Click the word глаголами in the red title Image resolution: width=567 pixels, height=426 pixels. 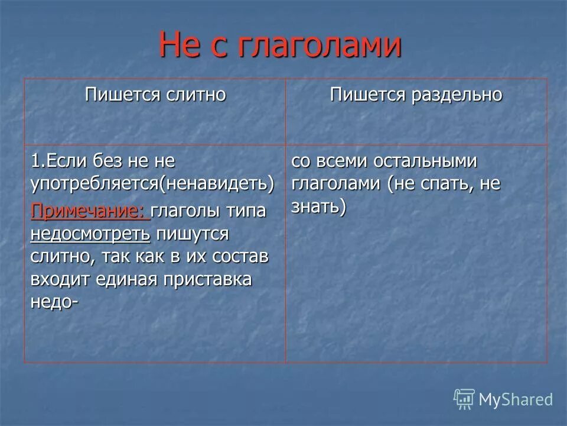(x=320, y=46)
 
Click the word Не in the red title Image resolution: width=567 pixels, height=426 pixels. (x=180, y=46)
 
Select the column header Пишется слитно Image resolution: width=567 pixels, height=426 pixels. (x=155, y=95)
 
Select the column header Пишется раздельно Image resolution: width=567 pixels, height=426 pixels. (x=416, y=95)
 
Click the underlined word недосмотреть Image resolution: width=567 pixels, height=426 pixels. (x=90, y=234)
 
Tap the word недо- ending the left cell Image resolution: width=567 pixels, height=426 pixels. (x=54, y=302)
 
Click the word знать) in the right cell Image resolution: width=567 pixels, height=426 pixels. (x=318, y=207)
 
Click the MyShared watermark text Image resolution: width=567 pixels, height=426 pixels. (x=516, y=399)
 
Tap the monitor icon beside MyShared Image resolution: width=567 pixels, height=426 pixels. (x=464, y=399)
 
